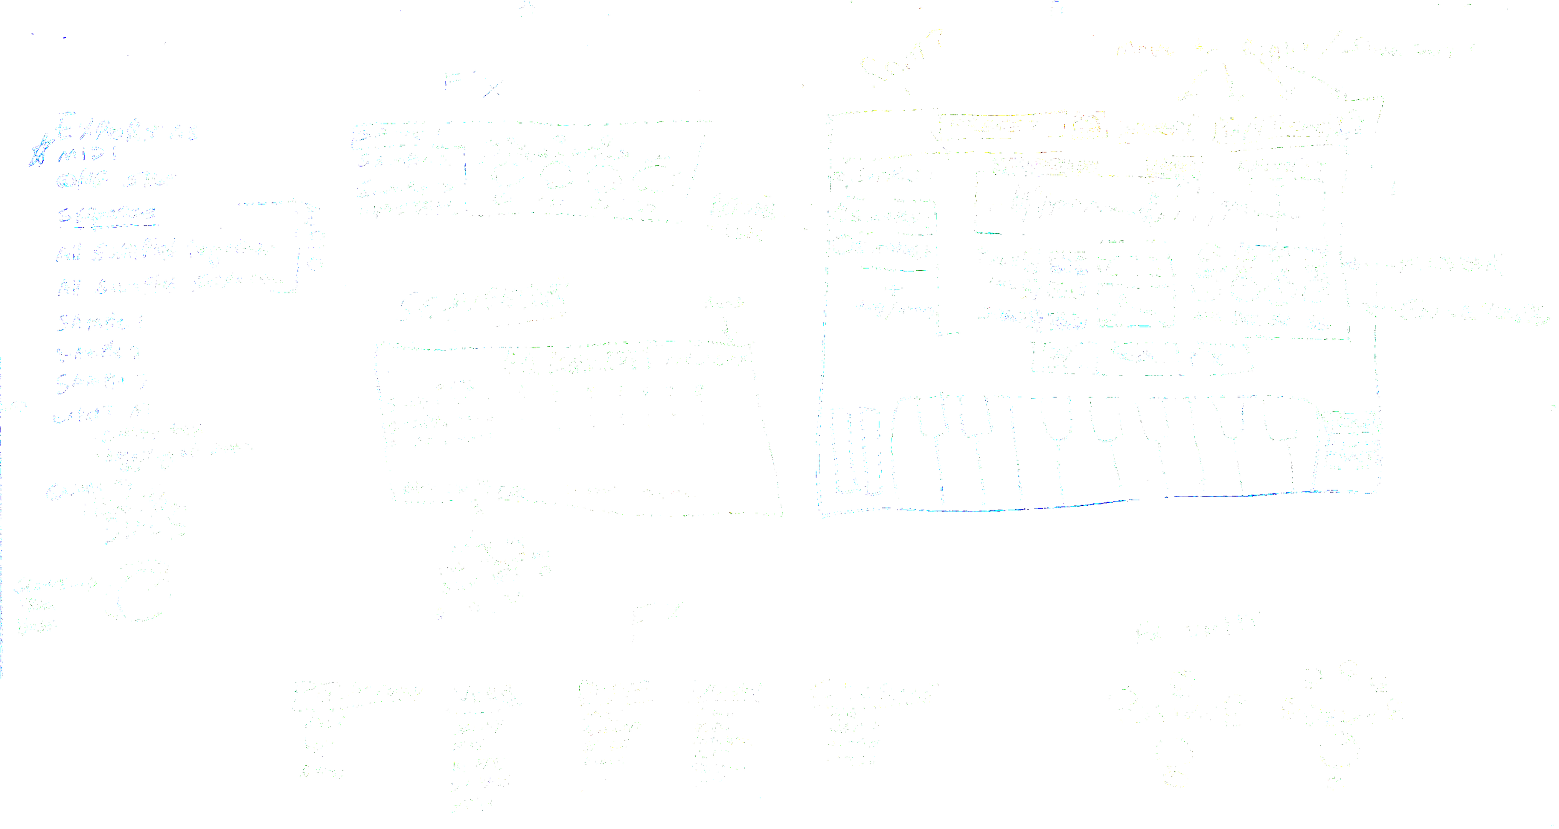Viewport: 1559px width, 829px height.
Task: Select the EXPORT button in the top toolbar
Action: click(1159, 129)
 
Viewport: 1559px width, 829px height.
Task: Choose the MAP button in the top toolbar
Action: click(1237, 129)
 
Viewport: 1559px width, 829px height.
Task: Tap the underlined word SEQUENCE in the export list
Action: click(106, 214)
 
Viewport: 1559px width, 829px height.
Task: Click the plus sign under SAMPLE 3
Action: click(894, 288)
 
